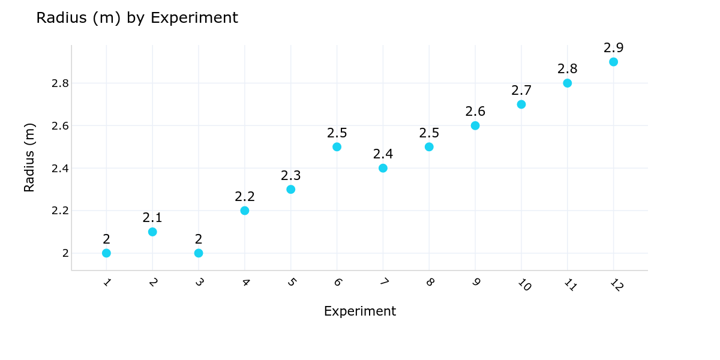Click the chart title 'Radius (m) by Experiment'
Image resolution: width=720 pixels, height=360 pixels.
tap(137, 18)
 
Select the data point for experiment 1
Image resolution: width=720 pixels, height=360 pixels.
tap(106, 253)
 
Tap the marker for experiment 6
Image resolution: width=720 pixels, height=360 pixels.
tap(337, 147)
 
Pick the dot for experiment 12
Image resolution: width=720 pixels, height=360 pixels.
tap(613, 62)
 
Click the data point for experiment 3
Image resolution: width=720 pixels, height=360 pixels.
tap(199, 253)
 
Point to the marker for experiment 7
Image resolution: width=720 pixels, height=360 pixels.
tap(383, 168)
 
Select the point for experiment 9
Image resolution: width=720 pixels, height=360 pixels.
tap(475, 125)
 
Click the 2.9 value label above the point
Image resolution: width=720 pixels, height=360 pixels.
tap(613, 48)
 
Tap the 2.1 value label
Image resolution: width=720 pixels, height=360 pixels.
tap(152, 218)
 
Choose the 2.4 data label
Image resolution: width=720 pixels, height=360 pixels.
tap(383, 154)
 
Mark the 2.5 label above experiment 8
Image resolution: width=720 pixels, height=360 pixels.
tap(429, 133)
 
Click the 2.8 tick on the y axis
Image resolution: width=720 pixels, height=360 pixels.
tap(61, 83)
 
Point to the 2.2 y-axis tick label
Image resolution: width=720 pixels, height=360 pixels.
tap(61, 211)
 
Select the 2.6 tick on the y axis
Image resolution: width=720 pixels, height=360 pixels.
tap(61, 126)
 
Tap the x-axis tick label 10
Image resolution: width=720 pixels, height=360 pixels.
tap(523, 285)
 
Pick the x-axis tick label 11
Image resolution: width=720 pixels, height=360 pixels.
tap(569, 285)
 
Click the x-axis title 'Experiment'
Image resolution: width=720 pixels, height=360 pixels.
tap(360, 311)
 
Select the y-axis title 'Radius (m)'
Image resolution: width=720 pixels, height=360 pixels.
tap(29, 157)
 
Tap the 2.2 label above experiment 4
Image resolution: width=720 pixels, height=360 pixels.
tap(245, 197)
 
